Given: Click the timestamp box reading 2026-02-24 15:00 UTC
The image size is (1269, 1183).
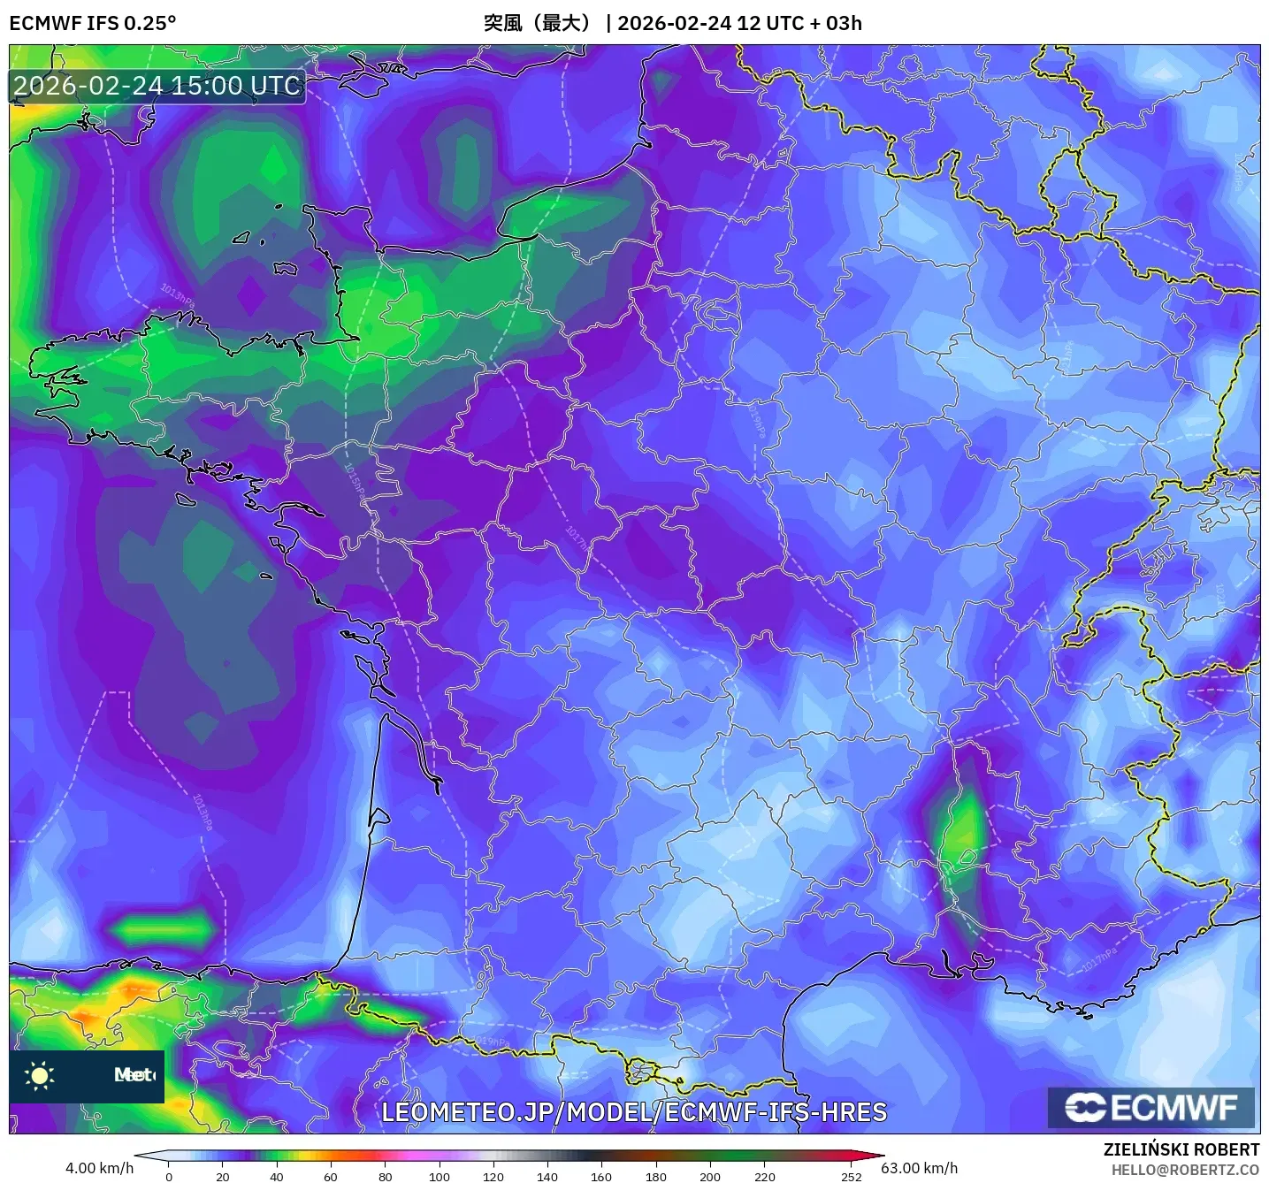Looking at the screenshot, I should click(157, 86).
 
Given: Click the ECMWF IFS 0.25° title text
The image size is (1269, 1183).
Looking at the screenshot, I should click(92, 23).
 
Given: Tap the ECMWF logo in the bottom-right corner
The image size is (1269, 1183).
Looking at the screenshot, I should click(1151, 1108).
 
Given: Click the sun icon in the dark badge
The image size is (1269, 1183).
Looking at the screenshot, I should click(39, 1076).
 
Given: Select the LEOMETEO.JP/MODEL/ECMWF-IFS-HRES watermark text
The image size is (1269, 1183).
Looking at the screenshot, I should click(633, 1112).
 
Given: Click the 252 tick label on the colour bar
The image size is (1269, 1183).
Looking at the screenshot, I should click(851, 1177).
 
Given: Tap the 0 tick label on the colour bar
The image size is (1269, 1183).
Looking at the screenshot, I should click(169, 1177).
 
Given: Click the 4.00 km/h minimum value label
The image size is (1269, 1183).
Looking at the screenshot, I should click(99, 1168).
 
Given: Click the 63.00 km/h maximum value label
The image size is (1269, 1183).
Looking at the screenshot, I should click(920, 1168).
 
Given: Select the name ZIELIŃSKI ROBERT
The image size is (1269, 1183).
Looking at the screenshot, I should click(1181, 1149).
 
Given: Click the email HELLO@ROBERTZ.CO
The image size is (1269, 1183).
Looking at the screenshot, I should click(1185, 1170).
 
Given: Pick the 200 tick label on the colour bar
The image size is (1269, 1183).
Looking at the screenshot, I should click(710, 1177).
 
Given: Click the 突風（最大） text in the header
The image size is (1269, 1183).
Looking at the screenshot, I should click(538, 23).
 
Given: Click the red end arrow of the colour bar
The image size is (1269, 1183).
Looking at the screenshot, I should click(871, 1156).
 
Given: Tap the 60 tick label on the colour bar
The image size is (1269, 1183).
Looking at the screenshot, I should click(331, 1177).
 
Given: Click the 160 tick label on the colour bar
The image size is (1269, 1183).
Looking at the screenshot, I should click(601, 1177).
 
